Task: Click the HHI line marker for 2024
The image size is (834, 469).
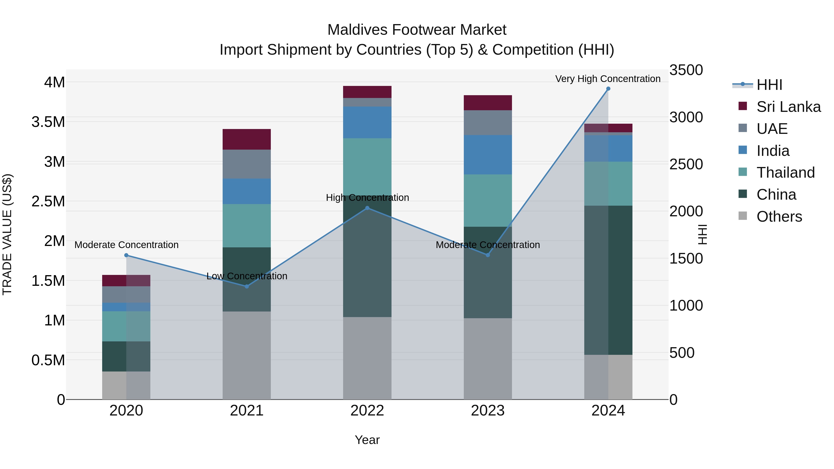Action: click(608, 89)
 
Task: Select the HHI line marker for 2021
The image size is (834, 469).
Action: click(247, 286)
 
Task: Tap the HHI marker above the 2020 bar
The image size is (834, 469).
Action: click(126, 255)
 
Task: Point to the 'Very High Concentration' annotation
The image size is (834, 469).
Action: click(608, 79)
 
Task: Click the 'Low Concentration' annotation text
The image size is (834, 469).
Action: click(247, 276)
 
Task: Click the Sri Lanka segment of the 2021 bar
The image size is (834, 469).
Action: click(247, 139)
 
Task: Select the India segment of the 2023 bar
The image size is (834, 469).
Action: click(488, 155)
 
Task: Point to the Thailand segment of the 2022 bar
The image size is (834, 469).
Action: click(367, 167)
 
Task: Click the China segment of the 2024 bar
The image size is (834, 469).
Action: click(608, 280)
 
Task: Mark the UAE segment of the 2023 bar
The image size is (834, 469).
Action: click(488, 123)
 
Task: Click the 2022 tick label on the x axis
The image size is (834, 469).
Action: click(367, 411)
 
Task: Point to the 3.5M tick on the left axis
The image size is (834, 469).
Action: click(48, 122)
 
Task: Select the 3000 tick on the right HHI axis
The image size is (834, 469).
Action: click(686, 117)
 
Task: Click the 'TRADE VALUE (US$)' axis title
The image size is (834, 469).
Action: click(7, 234)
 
